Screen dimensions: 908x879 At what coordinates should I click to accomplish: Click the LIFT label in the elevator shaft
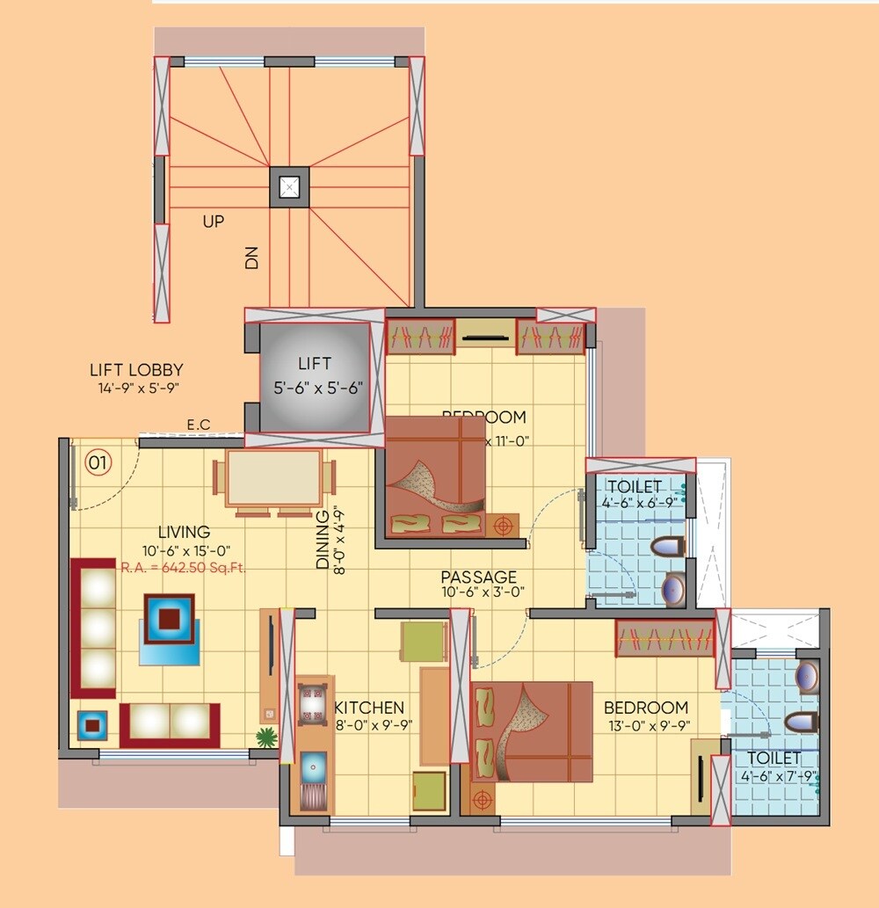point(315,363)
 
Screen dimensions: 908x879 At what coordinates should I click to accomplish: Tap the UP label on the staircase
point(214,222)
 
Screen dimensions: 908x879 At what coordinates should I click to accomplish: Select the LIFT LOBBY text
point(136,370)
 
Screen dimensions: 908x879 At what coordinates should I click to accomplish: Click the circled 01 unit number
point(98,461)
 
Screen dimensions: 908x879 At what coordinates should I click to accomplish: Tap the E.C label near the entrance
point(199,425)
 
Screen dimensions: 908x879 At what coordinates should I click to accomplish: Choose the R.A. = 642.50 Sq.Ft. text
point(183,568)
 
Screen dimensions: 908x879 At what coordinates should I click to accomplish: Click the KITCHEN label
point(369,708)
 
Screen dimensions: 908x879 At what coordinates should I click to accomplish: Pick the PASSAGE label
point(479,577)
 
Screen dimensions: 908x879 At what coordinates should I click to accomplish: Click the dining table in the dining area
point(273,479)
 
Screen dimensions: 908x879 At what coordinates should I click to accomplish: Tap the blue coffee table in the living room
point(171,620)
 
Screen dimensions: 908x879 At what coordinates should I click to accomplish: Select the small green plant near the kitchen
point(265,737)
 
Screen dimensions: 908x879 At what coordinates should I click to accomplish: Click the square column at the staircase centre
point(289,187)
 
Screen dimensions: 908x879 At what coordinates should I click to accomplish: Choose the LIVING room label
point(184,532)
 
